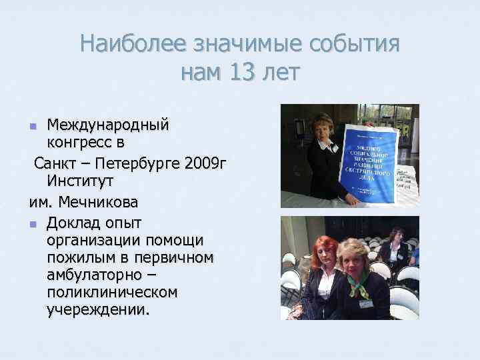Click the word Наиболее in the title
[133, 44]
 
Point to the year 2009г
[203, 163]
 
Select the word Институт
[80, 181]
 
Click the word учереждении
[99, 309]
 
